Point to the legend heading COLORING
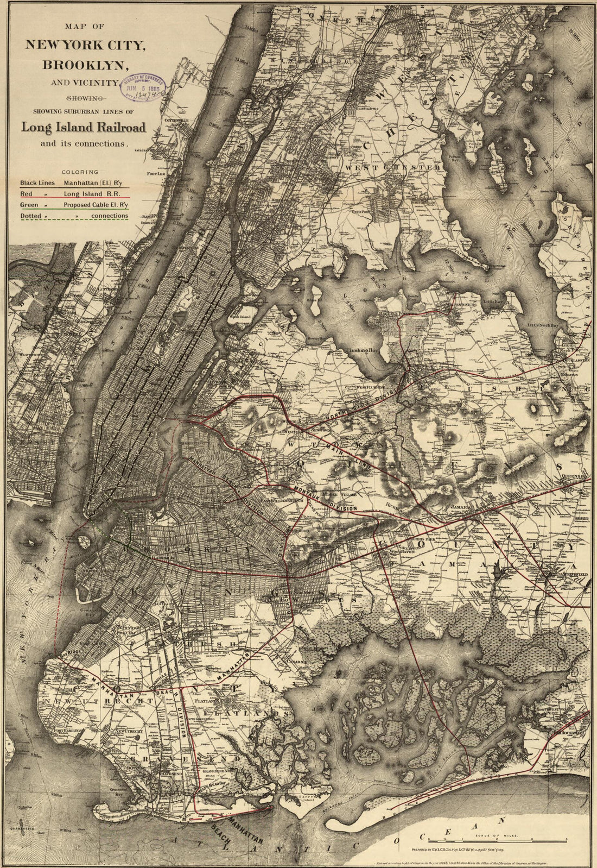(80, 172)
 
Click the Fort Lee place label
(156, 174)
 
